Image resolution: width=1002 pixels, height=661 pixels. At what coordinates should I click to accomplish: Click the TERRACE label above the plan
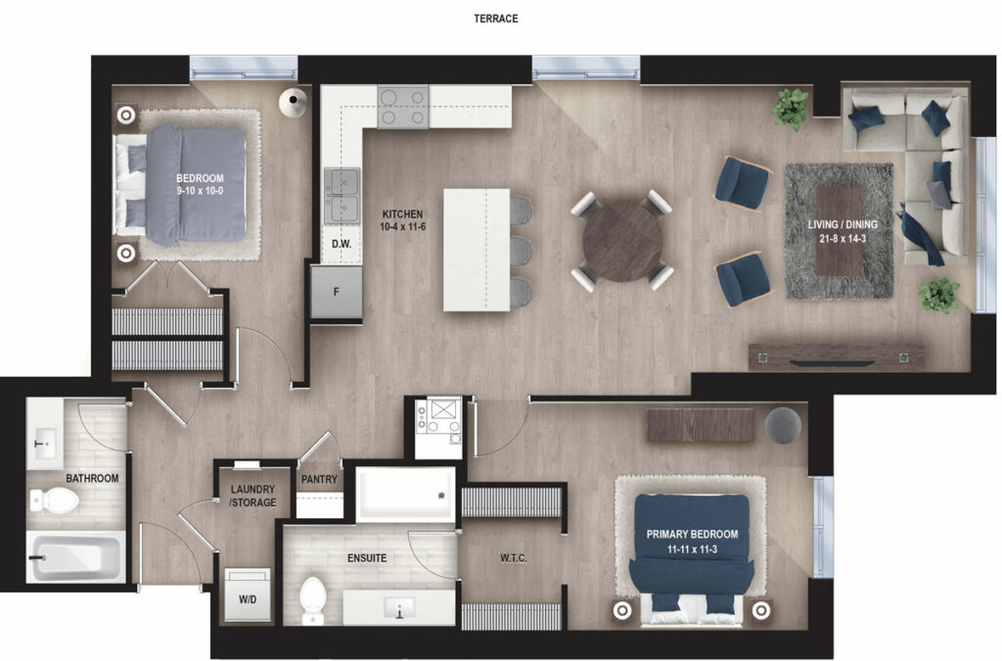point(495,19)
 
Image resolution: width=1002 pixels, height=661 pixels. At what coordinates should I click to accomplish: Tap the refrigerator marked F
point(337,292)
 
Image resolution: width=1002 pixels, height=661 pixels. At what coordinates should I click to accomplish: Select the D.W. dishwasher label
point(342,244)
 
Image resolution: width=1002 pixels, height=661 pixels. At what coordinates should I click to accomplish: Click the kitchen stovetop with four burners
point(402,107)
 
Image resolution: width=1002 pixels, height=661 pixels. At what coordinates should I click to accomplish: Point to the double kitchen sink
point(342,196)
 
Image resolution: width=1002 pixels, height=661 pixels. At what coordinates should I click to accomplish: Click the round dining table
point(622,241)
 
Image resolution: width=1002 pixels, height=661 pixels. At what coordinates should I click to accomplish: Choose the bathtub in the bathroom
point(76,558)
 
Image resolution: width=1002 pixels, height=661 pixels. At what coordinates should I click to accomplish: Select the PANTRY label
point(319,479)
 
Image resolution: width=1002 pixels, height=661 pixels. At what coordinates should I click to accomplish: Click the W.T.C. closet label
point(513,558)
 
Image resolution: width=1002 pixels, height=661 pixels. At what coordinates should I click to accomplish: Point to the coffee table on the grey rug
point(839,231)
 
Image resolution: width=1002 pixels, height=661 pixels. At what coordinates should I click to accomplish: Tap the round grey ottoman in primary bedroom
point(782,425)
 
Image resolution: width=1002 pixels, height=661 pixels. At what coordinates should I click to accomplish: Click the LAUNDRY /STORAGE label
point(253,496)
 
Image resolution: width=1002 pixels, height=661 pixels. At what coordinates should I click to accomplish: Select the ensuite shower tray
point(405,495)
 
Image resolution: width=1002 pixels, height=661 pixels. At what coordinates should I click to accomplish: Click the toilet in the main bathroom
point(55,500)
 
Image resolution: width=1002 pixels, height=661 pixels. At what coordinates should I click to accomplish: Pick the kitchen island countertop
point(477,250)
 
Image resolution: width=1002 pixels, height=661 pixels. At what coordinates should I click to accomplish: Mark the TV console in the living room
point(836,356)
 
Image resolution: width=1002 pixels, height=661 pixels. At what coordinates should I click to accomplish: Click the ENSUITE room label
point(367,558)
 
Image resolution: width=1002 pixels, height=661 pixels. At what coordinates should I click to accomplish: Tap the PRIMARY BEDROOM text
point(692,534)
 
